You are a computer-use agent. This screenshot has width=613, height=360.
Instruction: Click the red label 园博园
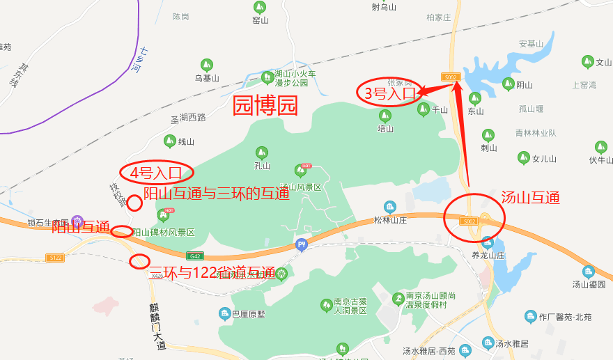click(265, 105)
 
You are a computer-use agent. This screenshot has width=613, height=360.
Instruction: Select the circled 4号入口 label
click(157, 171)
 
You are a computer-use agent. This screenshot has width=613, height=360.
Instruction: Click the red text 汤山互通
click(530, 198)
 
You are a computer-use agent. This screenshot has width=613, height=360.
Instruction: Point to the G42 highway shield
click(196, 256)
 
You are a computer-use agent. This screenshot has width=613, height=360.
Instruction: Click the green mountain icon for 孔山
click(262, 152)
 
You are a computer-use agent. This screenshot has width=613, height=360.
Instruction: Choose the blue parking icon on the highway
click(301, 244)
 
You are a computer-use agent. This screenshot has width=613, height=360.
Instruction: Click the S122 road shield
click(55, 258)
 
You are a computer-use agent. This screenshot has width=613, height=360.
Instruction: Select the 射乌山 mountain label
click(383, 8)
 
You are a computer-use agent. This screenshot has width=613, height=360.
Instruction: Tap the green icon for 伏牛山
click(600, 147)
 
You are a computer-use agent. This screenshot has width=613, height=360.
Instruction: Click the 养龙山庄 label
click(488, 255)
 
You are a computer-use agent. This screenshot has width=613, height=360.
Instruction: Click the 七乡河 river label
click(141, 61)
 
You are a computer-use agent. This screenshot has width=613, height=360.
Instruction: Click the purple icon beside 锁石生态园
click(77, 221)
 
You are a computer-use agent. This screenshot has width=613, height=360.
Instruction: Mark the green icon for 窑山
click(260, 7)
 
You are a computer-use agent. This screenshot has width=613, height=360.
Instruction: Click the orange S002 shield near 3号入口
click(451, 76)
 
